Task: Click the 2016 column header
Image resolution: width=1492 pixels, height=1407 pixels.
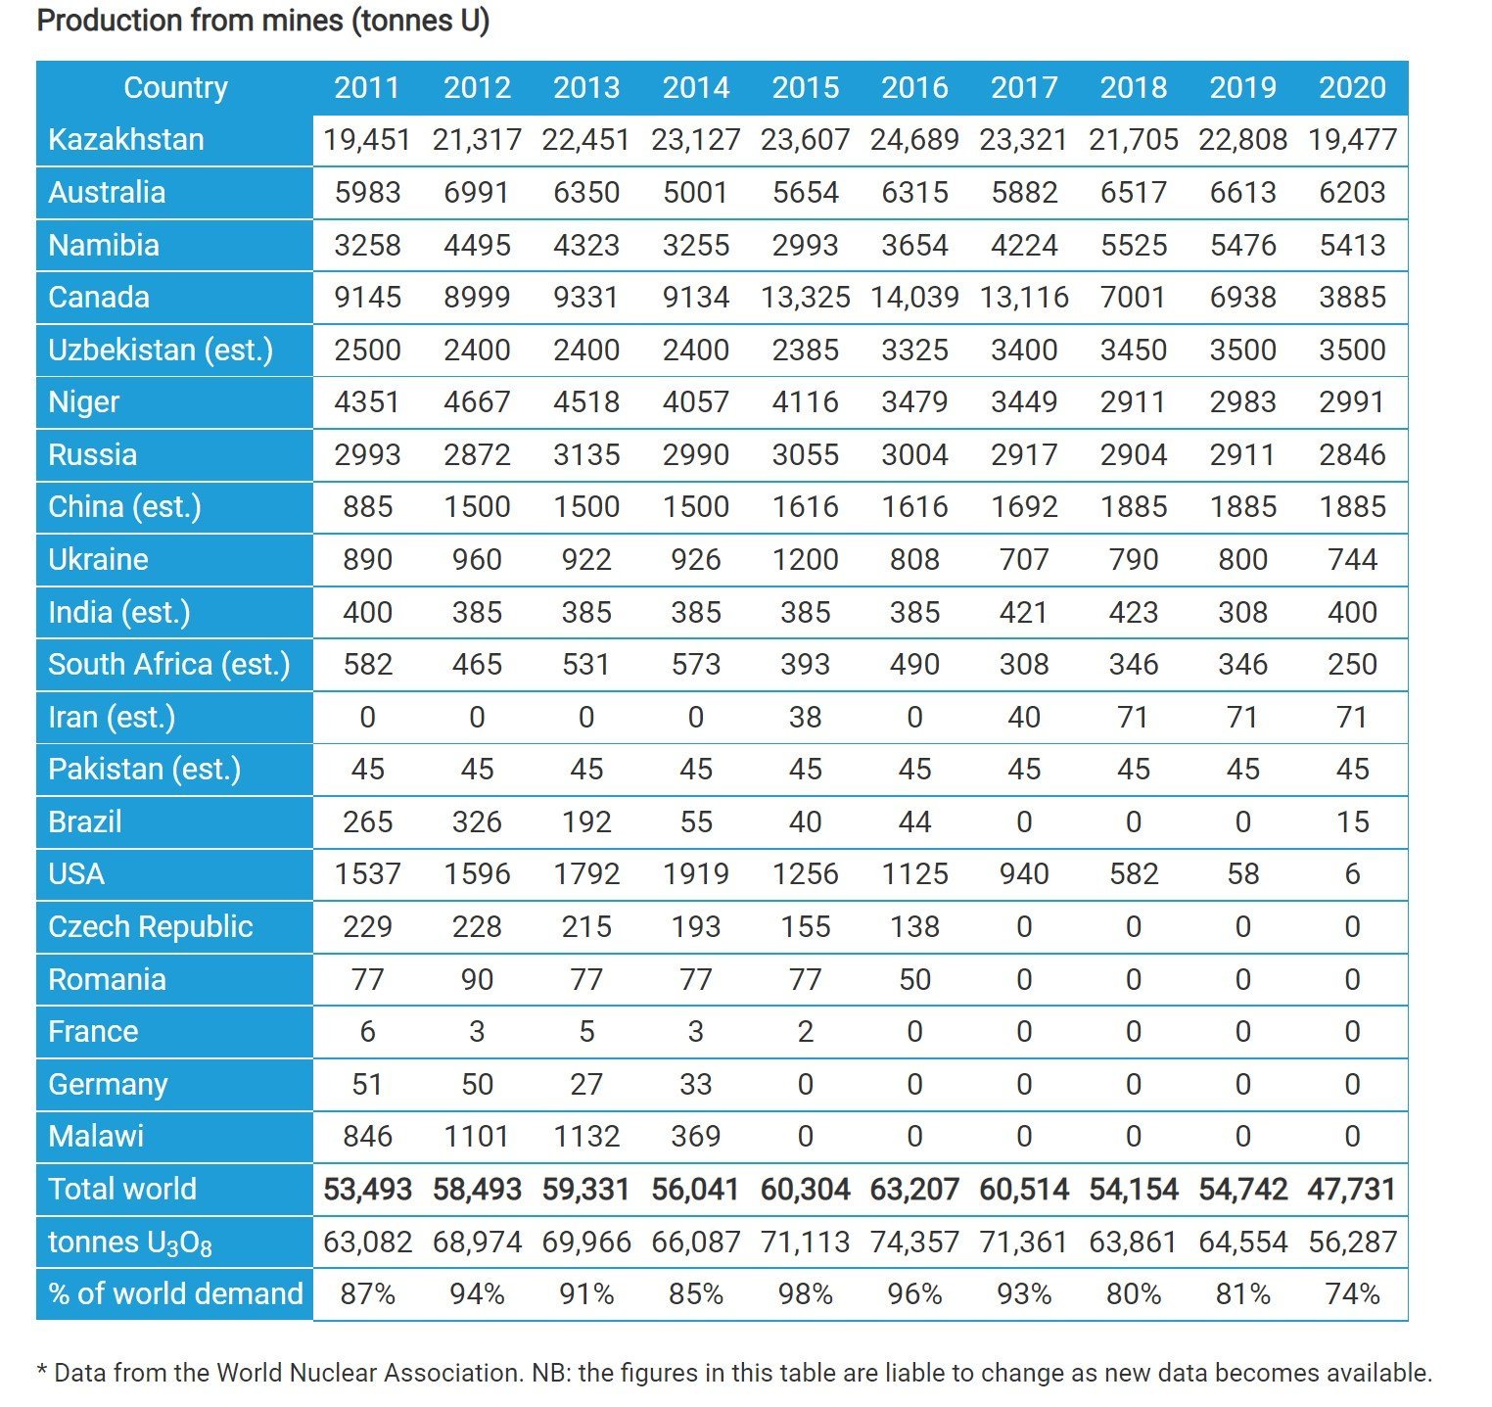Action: point(914,88)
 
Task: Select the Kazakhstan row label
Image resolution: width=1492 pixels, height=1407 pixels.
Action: point(126,140)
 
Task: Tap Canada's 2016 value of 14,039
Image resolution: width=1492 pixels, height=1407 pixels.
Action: point(914,298)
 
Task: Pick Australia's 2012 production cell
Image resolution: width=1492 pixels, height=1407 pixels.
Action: point(477,193)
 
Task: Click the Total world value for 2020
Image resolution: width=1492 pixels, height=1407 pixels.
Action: point(1352,1190)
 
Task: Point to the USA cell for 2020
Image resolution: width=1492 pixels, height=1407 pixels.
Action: point(1352,874)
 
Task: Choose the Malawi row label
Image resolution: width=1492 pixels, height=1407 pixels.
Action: point(96,1137)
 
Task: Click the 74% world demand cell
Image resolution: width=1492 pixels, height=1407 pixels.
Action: point(1352,1294)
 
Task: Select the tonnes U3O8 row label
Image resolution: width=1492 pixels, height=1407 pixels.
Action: point(130,1243)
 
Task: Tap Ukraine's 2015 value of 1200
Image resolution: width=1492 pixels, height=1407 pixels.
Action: point(805,560)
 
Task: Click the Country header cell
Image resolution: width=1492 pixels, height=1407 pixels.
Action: point(175,88)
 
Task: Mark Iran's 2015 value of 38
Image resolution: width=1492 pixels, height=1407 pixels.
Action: point(805,718)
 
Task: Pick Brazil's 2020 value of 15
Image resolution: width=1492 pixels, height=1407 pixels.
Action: point(1352,822)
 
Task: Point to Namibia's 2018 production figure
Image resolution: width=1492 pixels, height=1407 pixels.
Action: point(1134,246)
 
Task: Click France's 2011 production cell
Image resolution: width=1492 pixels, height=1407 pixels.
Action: point(367,1032)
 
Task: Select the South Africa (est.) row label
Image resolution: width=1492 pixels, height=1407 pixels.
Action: point(169,665)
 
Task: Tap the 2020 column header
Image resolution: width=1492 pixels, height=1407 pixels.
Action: point(1352,88)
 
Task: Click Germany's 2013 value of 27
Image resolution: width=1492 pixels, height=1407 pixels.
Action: point(586,1085)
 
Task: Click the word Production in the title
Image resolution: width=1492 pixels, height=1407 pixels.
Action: point(110,21)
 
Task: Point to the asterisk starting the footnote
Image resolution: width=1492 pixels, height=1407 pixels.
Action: point(42,1369)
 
